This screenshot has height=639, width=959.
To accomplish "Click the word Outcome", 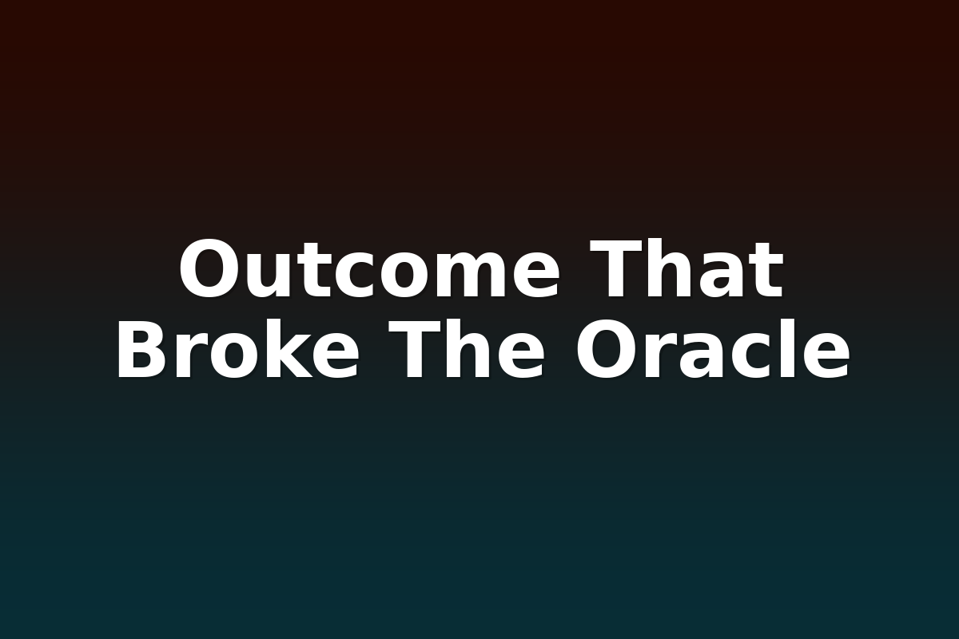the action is pos(369,268).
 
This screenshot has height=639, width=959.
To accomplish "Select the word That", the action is pos(686,268).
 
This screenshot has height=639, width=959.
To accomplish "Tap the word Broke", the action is pos(237,348).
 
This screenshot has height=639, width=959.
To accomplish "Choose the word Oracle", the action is pos(712,348).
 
